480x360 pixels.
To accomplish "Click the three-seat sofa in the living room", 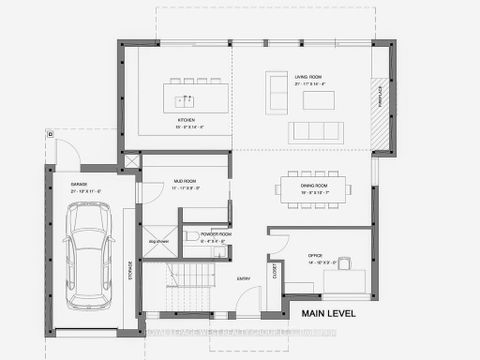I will [316, 132].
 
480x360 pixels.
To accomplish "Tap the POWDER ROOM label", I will [217, 236].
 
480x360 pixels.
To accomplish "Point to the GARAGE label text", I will [79, 185].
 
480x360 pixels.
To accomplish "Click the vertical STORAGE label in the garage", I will [130, 270].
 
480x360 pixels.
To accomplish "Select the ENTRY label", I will [242, 279].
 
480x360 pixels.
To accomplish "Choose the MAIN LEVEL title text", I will [344, 314].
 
